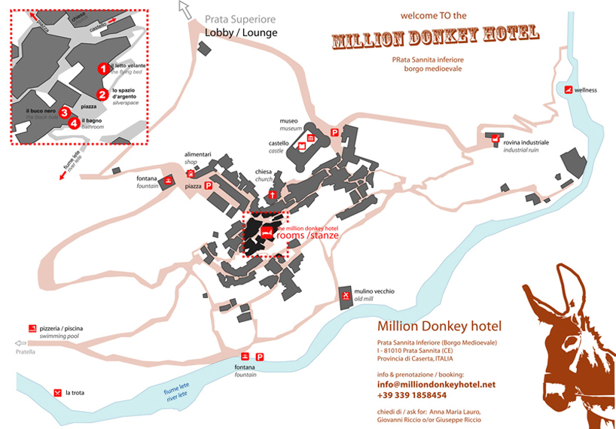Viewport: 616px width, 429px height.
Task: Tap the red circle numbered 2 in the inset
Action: click(102, 94)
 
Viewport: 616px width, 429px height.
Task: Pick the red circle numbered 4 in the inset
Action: click(74, 123)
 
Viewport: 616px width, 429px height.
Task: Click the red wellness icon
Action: click(569, 90)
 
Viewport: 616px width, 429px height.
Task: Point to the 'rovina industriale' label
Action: click(526, 141)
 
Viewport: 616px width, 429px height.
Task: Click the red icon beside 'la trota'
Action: click(57, 393)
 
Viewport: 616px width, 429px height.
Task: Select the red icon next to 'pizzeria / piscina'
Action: click(32, 329)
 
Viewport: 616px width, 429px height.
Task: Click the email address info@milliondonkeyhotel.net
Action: click(436, 384)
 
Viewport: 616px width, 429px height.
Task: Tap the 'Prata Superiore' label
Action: click(240, 20)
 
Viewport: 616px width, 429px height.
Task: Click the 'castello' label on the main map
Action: click(279, 142)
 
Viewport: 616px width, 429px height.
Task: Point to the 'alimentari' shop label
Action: click(198, 154)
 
